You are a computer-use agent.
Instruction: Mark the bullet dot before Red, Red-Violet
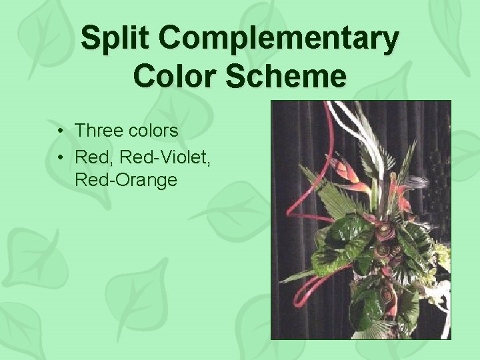point(61,158)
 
